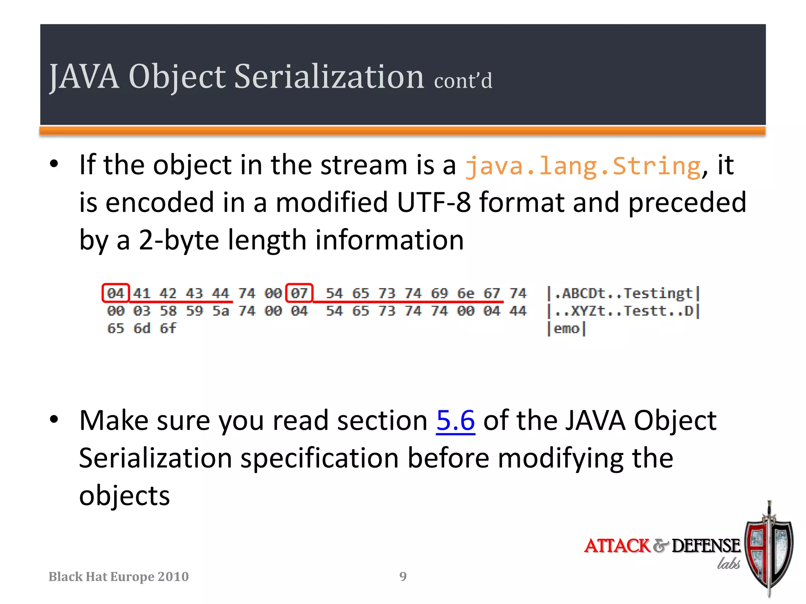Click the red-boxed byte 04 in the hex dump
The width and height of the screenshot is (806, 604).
point(115,293)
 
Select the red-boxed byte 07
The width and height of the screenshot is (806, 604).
point(299,293)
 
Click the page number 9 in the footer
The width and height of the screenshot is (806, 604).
point(403,576)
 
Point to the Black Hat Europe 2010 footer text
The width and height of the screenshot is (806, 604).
point(118,576)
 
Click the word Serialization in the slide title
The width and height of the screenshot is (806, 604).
point(329,76)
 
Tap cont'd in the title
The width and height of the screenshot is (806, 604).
point(463,81)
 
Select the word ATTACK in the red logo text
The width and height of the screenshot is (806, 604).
point(617,546)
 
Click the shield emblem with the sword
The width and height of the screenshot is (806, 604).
point(769,551)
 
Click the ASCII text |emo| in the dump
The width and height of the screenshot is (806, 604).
point(566,328)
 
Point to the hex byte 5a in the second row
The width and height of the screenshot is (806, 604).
point(220,311)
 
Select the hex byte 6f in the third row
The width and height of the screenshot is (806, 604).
point(168,328)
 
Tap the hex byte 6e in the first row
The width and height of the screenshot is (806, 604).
point(466,293)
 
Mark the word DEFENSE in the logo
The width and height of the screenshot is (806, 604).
point(706,546)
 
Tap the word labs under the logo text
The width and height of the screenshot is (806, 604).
point(728,564)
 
